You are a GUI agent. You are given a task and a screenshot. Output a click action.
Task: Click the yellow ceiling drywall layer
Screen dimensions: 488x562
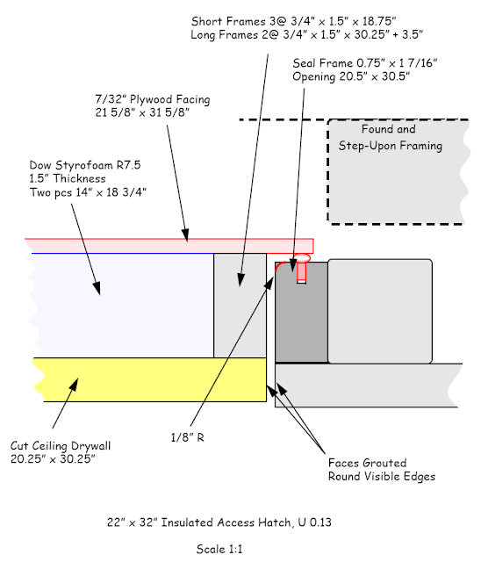point(150,379)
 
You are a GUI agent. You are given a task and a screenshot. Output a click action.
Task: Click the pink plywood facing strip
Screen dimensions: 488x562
point(169,246)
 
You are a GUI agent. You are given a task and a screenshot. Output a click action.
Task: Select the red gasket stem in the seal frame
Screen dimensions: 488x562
point(301,273)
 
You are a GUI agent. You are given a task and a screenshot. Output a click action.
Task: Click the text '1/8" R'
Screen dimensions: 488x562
point(188,437)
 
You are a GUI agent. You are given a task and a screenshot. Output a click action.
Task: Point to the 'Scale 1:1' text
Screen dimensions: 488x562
point(219,549)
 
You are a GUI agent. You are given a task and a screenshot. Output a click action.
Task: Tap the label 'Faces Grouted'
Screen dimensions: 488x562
point(367,463)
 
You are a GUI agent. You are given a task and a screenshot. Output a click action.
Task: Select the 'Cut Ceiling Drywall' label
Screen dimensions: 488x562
point(61,446)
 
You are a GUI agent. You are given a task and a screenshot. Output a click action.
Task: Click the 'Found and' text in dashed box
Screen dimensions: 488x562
point(389,129)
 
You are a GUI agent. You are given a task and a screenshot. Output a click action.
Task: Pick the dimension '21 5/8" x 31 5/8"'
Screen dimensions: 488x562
point(142,112)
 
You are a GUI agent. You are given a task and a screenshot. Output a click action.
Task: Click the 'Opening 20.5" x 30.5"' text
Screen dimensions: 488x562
point(351,76)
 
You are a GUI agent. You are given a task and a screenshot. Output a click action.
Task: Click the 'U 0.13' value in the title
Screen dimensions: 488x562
point(314,522)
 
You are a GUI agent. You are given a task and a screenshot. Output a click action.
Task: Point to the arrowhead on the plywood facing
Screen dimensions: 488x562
point(185,235)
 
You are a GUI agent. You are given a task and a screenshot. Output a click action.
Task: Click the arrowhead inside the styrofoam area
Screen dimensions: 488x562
point(97,288)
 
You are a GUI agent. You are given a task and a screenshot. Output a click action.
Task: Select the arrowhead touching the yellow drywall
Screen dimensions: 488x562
point(74,385)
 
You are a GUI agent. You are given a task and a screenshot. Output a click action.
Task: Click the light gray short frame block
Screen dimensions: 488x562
point(240,306)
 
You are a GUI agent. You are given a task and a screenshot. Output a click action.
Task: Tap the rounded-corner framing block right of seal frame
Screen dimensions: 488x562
point(380,311)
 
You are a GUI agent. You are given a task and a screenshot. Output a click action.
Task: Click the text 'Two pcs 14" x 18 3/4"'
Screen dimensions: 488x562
point(88,192)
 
